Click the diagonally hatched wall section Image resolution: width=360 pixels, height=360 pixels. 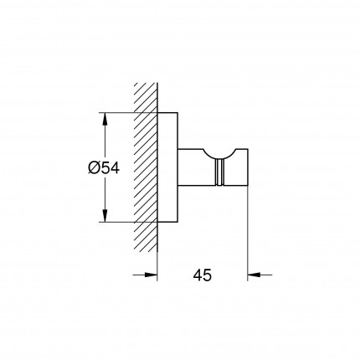point(146,167)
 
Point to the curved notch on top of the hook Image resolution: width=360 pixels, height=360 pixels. point(220,152)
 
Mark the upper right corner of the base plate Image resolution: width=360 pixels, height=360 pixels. point(177,112)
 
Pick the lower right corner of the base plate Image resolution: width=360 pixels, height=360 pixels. point(177,223)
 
